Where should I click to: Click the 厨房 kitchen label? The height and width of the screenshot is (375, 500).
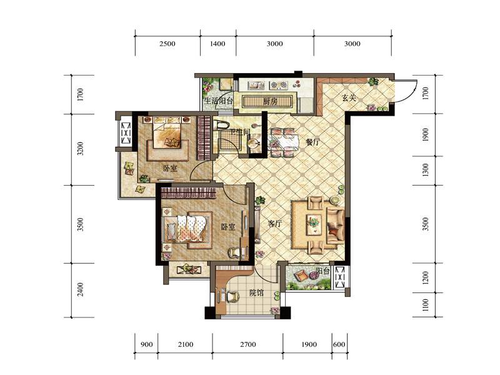(x=270, y=102)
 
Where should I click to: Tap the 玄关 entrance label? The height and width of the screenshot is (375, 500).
(x=349, y=97)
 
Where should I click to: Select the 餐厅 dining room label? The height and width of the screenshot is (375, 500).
(x=312, y=142)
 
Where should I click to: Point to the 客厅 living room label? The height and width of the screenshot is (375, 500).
(x=275, y=224)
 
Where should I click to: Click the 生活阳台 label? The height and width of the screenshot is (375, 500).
(x=219, y=101)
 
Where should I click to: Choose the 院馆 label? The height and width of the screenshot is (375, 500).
(x=256, y=292)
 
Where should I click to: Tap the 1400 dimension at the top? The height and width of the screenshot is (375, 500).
(x=217, y=44)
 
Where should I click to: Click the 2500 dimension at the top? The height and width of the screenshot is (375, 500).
(x=167, y=44)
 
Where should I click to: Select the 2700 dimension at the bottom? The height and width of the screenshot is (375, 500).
(x=247, y=344)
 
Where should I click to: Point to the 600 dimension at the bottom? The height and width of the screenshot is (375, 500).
(x=339, y=344)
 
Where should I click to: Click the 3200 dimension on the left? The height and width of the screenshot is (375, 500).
(x=81, y=149)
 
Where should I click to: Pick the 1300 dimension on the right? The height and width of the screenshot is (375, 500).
(x=426, y=170)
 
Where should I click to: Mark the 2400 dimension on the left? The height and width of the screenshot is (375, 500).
(x=81, y=289)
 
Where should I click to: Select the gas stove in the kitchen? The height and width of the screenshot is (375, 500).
(x=278, y=85)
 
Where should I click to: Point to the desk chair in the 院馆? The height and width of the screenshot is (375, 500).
(x=233, y=296)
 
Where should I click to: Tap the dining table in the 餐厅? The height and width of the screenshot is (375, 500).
(x=284, y=142)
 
